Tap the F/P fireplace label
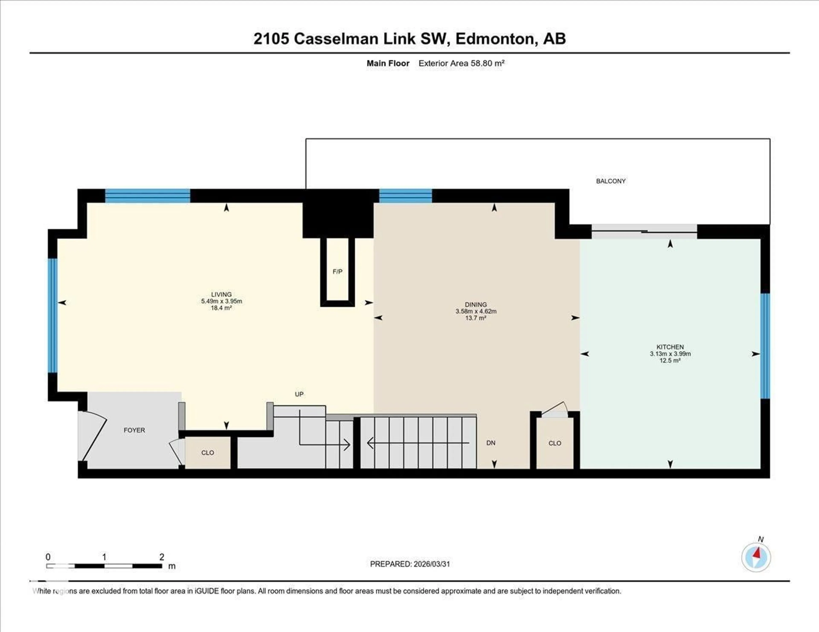337,272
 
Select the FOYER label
134,430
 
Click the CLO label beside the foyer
207,453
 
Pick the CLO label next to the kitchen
555,443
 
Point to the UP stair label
299,394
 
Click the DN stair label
491,443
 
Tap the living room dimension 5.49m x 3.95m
221,301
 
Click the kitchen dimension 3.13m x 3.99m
670,354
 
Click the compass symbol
756,557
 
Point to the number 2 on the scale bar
162,557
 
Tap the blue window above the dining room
405,196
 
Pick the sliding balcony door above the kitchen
644,232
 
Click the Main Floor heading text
388,63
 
